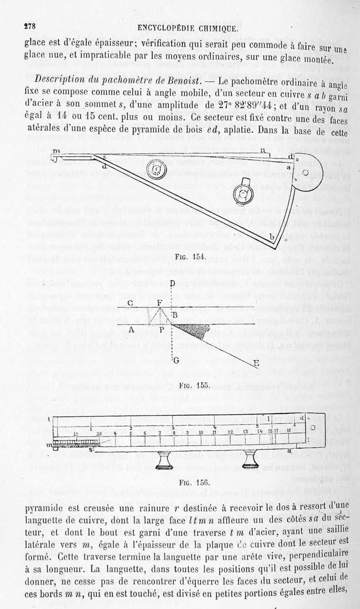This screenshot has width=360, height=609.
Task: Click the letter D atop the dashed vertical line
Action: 173,284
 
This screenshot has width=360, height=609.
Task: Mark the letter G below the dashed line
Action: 176,360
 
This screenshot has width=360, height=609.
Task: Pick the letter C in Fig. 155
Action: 129,302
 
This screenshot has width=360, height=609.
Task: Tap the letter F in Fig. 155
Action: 161,302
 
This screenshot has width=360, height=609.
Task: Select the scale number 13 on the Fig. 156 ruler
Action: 245,432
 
